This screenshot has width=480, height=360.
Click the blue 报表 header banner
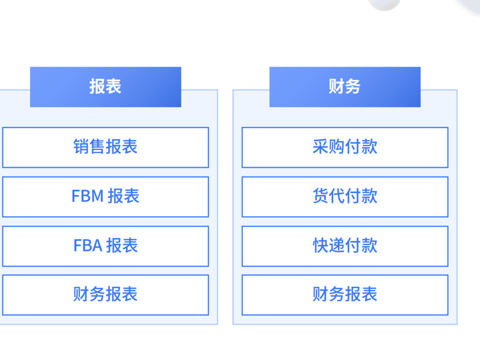[x=106, y=87]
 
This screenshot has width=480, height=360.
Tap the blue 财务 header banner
[x=345, y=87]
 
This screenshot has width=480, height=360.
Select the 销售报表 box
[x=106, y=147]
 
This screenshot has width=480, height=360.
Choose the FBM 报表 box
[x=106, y=197]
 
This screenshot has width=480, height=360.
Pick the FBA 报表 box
[x=106, y=246]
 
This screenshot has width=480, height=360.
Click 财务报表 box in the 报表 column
[x=106, y=295]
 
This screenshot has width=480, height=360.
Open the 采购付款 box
[x=345, y=147]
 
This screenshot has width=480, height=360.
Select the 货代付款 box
[x=345, y=197]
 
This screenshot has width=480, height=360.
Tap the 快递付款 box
[x=345, y=246]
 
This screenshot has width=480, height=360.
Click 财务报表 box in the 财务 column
[x=345, y=295]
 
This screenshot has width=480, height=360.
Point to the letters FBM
[x=87, y=196]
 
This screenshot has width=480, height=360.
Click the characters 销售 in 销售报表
[x=89, y=146]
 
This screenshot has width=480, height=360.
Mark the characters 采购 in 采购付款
[x=328, y=146]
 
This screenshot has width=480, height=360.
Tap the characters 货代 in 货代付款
[x=328, y=196]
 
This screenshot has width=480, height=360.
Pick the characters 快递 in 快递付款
[x=328, y=245]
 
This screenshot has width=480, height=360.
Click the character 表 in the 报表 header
[x=114, y=86]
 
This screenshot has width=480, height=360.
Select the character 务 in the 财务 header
[x=353, y=86]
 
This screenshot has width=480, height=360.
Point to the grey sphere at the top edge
[x=384, y=4]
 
